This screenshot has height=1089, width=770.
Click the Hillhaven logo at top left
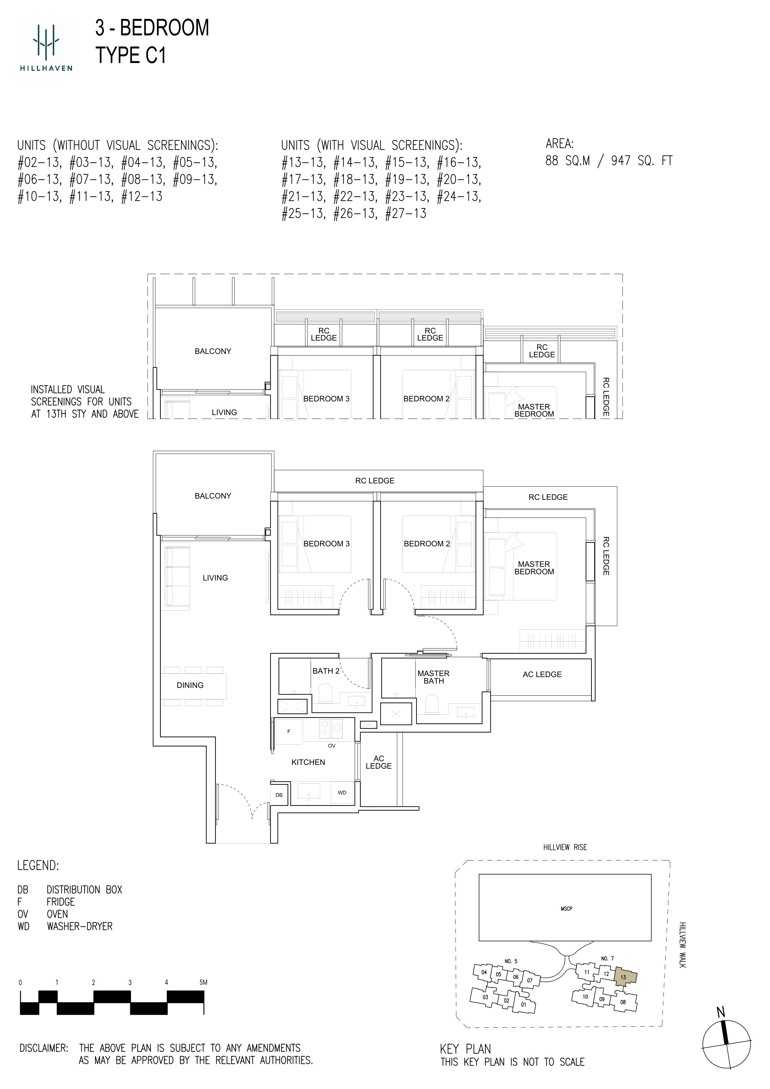pyautogui.click(x=46, y=46)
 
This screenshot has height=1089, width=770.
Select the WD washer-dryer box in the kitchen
pyautogui.click(x=342, y=793)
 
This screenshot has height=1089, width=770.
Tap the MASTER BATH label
pyautogui.click(x=434, y=677)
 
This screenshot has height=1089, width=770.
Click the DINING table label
pyautogui.click(x=190, y=685)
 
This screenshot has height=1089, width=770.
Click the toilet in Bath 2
pyautogui.click(x=326, y=694)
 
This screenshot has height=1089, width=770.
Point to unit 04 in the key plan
pyautogui.click(x=484, y=972)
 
